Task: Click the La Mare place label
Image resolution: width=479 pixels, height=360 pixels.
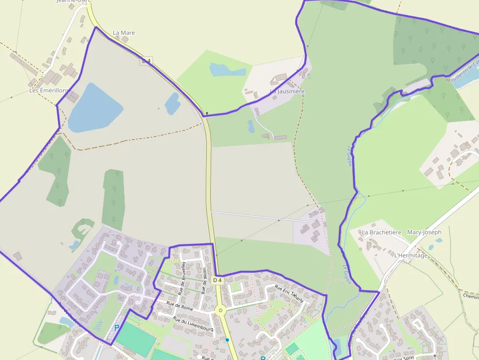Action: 124,33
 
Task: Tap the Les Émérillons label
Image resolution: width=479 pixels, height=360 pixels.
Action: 49,90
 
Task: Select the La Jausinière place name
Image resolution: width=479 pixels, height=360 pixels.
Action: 287,91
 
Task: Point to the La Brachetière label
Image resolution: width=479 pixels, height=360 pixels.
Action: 381,233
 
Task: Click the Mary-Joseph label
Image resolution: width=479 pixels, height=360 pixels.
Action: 424,233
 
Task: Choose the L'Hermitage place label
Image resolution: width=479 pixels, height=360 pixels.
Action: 411,255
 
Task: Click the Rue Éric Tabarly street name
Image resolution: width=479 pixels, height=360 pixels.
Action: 289,293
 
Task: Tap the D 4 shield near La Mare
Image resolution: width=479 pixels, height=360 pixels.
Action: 146,61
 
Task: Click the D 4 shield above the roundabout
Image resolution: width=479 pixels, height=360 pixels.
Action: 218,280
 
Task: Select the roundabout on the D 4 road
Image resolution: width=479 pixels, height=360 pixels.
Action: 220,310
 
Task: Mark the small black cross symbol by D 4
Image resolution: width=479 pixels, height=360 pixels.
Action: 207,113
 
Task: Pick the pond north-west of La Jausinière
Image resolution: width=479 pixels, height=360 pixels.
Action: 227,70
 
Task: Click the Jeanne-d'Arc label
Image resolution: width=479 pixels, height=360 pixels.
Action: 74,1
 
